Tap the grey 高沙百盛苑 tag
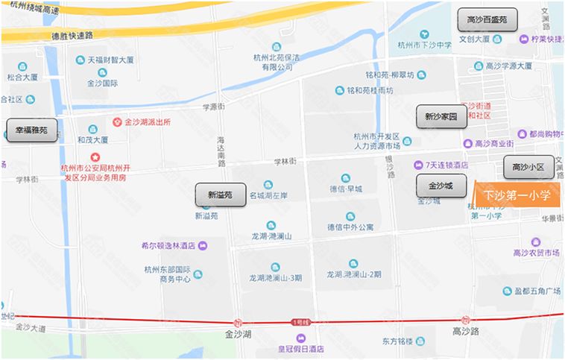486,19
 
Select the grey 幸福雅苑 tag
31,130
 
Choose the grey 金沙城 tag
441,184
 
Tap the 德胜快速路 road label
72,35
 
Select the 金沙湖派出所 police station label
147,121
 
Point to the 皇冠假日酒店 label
296,348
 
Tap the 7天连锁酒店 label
446,165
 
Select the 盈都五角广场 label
537,291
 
